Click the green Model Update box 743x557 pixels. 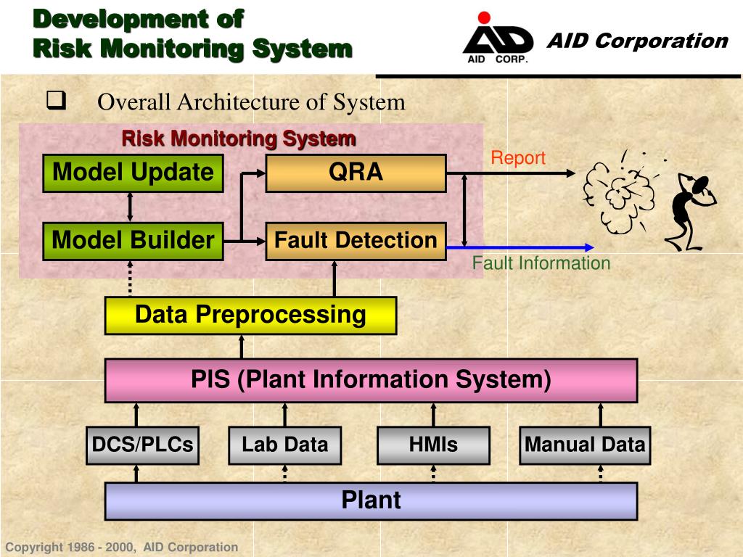point(133,173)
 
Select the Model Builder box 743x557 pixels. point(133,241)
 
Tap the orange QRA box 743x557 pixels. point(356,173)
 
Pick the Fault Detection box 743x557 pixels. point(356,241)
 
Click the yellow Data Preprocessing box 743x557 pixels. point(250,315)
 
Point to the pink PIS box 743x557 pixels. point(371,380)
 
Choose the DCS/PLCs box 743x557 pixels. point(142,445)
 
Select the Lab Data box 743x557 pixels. point(284,445)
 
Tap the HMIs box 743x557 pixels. point(433,445)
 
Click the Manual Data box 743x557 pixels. point(585,445)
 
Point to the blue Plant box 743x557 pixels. point(371,501)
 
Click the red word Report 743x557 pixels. point(517,158)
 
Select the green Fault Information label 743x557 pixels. point(541,263)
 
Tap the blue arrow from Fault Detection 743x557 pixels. point(522,247)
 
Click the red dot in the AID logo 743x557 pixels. point(485,17)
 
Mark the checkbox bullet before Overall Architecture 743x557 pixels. point(55,101)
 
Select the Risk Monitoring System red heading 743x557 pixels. point(238,138)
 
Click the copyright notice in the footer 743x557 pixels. point(121,548)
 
